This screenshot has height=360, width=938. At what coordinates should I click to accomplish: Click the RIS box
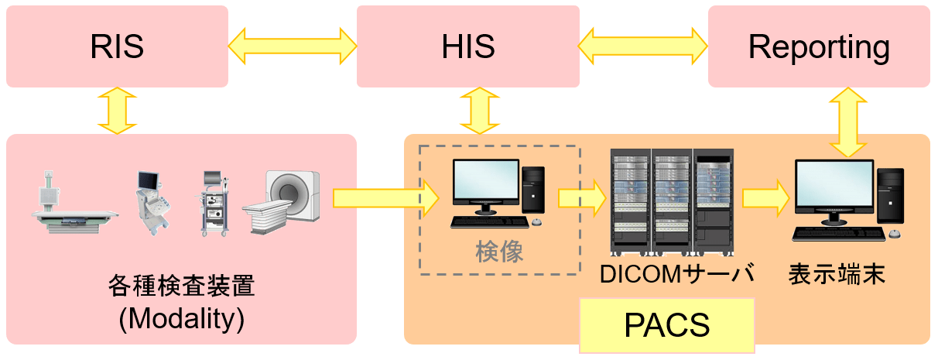117,46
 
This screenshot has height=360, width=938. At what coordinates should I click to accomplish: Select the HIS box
467,46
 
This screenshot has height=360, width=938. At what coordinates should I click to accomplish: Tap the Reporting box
819,46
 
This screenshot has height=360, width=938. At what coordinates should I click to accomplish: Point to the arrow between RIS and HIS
292,46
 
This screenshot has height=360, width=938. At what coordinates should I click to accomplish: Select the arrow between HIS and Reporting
643,46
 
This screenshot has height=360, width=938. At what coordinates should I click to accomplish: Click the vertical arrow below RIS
117,111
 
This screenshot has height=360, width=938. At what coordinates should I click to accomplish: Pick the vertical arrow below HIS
478,111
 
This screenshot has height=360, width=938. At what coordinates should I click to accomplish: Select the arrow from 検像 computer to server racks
581,198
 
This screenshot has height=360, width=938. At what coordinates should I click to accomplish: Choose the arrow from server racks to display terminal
766,198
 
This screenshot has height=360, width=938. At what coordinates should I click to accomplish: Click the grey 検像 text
499,252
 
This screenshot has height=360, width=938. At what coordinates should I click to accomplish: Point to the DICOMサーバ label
676,274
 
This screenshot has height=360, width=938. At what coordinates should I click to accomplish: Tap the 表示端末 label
837,274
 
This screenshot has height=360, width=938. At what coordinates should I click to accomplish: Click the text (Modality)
182,318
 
